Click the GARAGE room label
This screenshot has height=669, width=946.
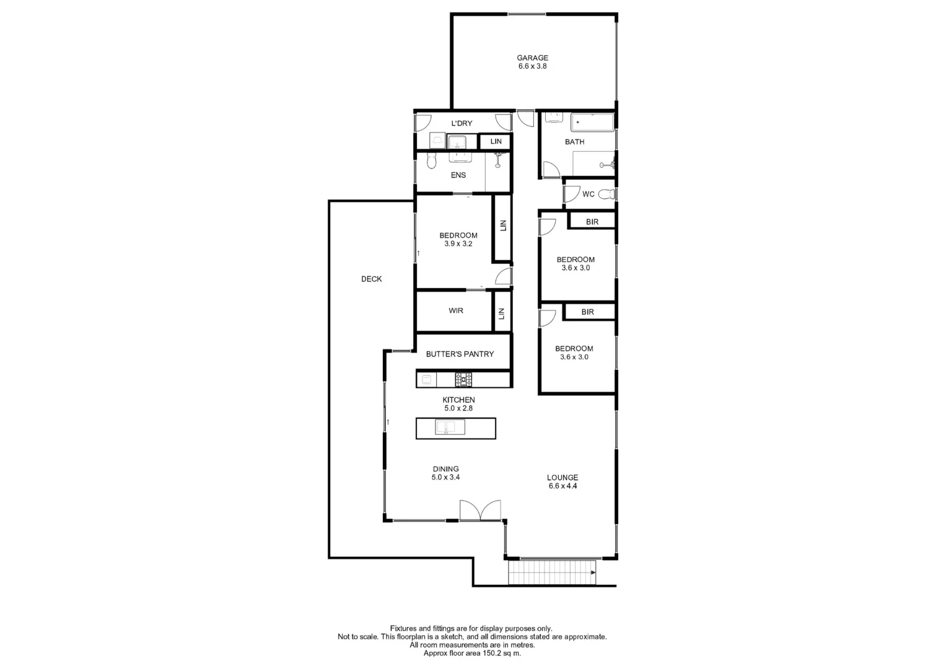(x=532, y=58)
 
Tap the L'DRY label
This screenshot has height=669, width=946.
(x=462, y=123)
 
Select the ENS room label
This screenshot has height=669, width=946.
(x=458, y=175)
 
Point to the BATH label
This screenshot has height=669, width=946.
(x=574, y=142)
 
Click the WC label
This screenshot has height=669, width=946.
(x=588, y=194)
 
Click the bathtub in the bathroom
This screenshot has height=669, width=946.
(x=592, y=123)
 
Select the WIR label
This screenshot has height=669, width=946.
(x=456, y=310)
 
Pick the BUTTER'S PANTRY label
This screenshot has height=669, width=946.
(x=460, y=354)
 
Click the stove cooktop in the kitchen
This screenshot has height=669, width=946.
(x=463, y=379)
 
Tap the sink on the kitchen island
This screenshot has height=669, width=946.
(x=450, y=427)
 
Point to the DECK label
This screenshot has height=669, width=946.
(x=372, y=279)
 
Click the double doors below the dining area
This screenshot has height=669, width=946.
(x=480, y=510)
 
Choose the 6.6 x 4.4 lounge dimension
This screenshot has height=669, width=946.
(x=563, y=486)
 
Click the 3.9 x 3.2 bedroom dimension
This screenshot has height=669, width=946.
(x=458, y=244)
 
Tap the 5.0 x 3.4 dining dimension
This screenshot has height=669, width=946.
(x=445, y=478)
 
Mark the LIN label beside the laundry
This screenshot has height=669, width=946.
(x=496, y=142)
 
